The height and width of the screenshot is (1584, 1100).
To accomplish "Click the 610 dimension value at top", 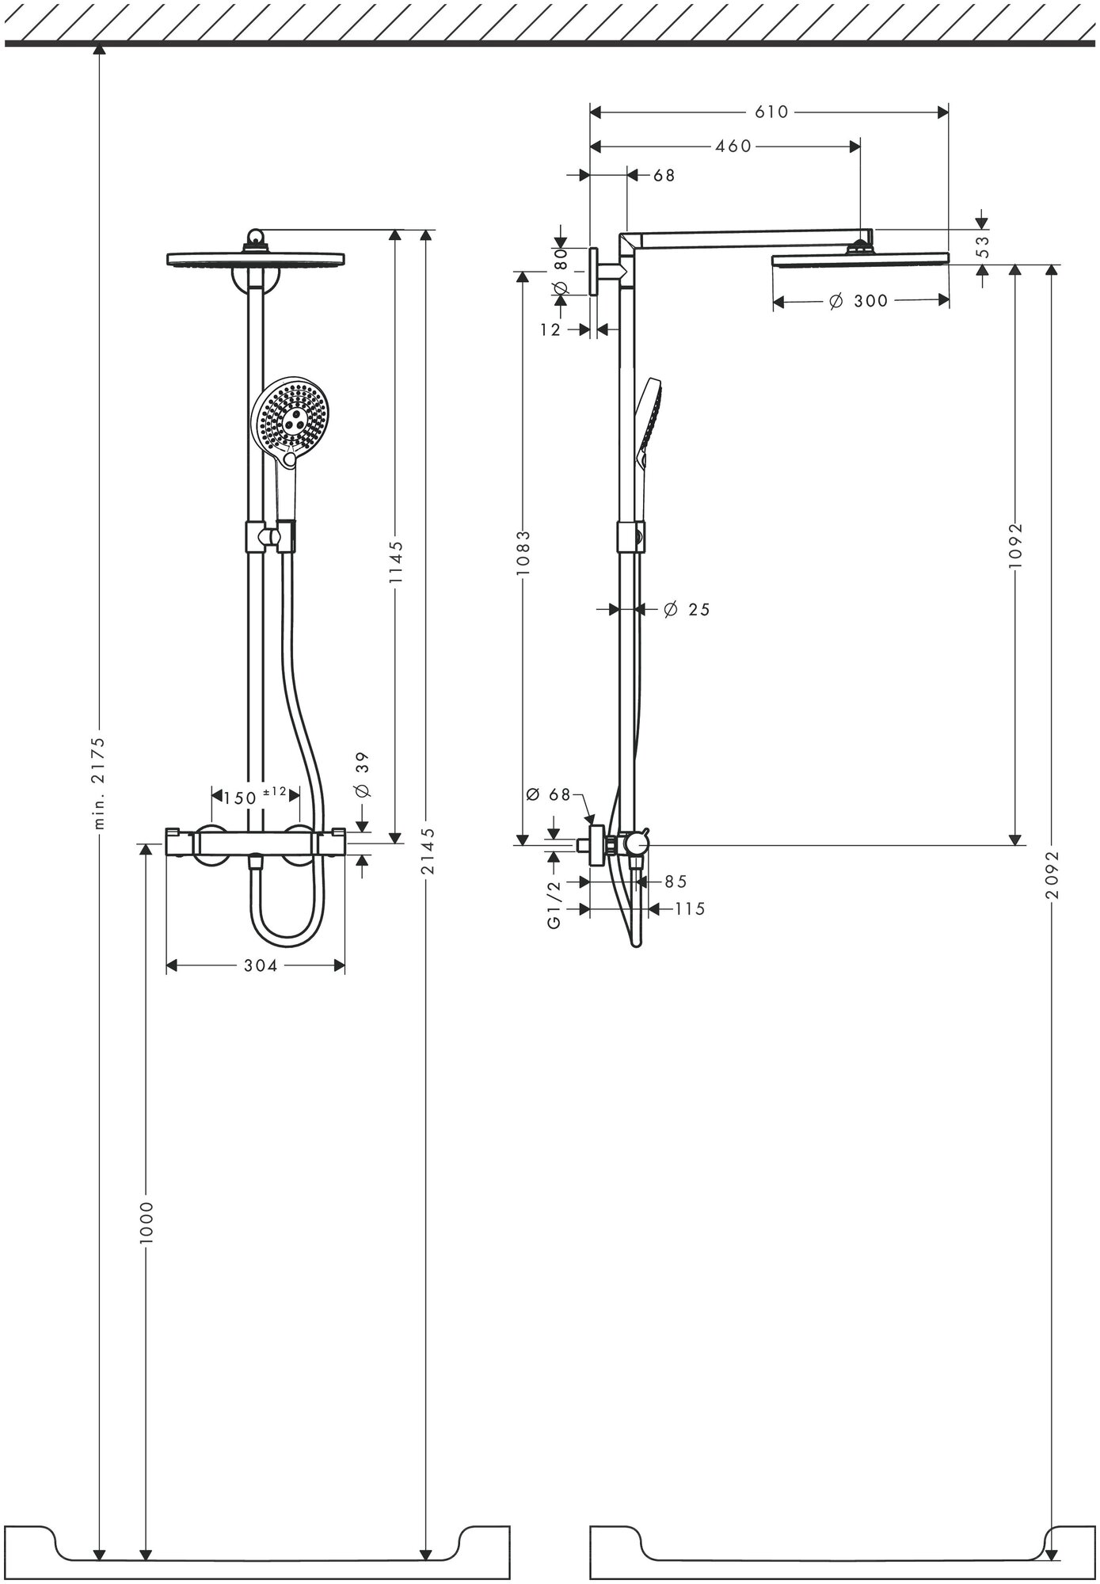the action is click(771, 112).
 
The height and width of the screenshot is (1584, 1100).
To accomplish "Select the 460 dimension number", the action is click(733, 147).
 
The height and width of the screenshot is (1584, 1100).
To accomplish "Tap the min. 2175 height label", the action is click(101, 781).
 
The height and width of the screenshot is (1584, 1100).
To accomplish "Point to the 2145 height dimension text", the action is click(428, 851).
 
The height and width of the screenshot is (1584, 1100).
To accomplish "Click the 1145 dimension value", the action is click(396, 562).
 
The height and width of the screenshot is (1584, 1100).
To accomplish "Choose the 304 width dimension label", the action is click(261, 966).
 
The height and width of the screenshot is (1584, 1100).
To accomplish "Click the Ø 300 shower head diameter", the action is click(858, 301).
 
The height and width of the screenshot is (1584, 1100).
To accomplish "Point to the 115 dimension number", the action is click(690, 909).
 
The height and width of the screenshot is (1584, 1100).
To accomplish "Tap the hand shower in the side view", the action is click(649, 424).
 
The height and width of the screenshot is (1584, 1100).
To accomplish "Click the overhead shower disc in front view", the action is click(256, 258).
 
